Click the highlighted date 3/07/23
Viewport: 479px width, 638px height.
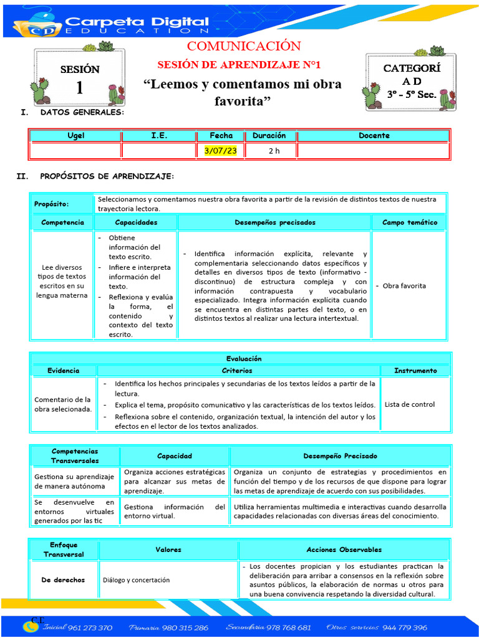220,151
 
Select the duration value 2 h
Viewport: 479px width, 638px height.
274,151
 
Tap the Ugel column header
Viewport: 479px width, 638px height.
75,135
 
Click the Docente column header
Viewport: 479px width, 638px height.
374,135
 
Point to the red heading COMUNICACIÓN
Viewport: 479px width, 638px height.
244,46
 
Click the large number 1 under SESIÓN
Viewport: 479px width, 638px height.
79,88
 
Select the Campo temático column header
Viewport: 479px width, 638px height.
410,222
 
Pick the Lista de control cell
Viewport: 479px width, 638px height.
410,404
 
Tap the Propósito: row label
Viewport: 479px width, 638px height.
52,204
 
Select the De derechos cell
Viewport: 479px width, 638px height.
63,580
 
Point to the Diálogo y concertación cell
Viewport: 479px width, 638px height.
136,580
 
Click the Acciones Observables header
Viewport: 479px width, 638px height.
344,550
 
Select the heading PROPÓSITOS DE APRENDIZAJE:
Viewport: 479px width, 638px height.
107,177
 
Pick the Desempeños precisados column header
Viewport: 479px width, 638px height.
275,222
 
